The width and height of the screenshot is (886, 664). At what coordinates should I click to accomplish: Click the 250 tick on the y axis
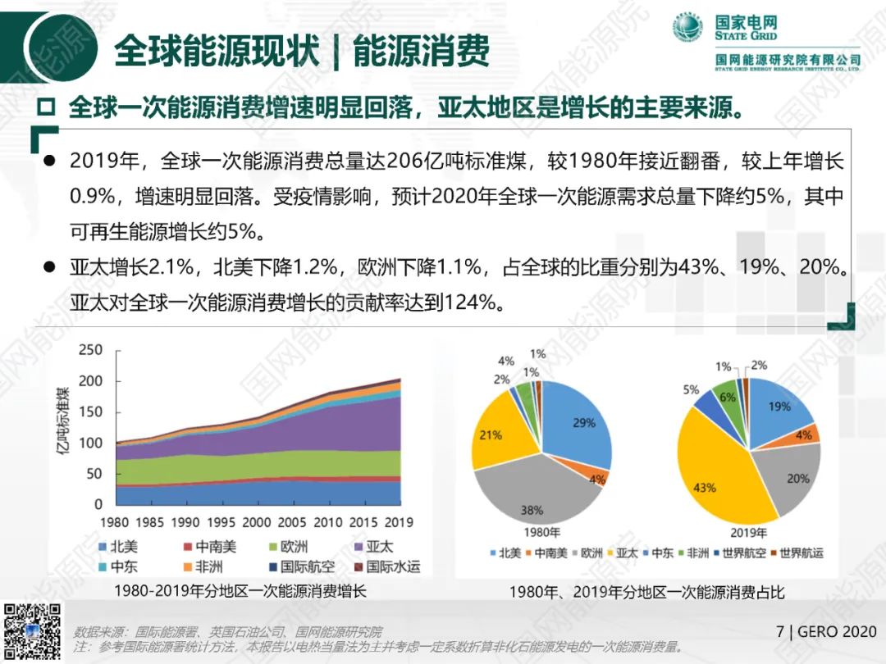[90, 350]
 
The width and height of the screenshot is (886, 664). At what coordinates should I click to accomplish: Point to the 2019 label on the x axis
[398, 522]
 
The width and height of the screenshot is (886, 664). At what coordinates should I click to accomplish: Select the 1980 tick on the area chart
[115, 522]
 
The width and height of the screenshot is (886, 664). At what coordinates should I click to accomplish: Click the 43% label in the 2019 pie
[704, 487]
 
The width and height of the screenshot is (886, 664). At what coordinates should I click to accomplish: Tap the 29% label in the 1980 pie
[584, 423]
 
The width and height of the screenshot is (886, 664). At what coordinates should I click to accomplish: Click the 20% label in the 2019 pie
[797, 478]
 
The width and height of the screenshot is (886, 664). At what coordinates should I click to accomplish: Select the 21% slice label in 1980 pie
[490, 435]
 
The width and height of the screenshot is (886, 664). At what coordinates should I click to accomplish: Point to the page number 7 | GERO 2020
[826, 631]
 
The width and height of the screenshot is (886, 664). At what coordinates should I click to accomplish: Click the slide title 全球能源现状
[216, 50]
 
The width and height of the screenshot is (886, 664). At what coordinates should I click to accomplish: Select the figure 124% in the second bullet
[473, 302]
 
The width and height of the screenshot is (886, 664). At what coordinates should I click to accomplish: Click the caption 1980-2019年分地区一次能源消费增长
[240, 591]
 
